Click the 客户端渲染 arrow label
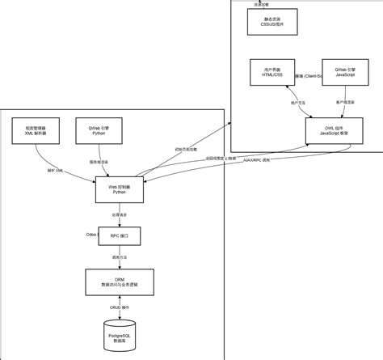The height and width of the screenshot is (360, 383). pos(345,103)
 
